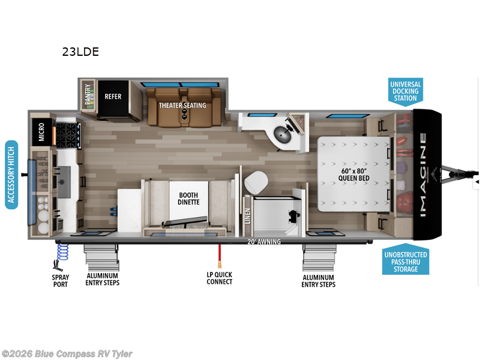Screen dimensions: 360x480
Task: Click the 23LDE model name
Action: (80, 52)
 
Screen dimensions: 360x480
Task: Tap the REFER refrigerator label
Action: (113, 95)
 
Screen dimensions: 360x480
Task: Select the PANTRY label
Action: (88, 95)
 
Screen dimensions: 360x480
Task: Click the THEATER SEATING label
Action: (182, 105)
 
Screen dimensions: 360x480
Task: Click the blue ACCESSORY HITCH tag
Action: (11, 175)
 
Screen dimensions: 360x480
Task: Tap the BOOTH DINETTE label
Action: (188, 199)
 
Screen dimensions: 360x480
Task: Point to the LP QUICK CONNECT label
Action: (219, 278)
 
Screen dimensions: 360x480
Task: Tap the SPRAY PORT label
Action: (60, 280)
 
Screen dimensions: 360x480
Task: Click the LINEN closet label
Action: (247, 215)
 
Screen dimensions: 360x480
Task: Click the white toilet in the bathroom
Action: (256, 181)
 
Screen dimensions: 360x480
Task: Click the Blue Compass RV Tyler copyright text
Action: (67, 354)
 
